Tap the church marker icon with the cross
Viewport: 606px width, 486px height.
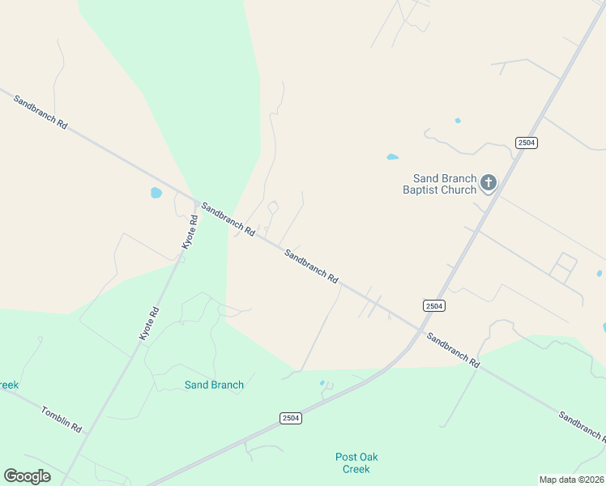[x=488, y=183]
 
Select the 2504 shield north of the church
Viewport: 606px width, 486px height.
[x=527, y=143]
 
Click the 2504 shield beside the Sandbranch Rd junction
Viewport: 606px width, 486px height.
[x=434, y=305]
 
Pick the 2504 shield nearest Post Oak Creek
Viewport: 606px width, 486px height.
[x=292, y=418]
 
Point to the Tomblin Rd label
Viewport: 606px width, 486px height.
[x=62, y=418]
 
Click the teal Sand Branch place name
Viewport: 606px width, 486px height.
[x=214, y=385]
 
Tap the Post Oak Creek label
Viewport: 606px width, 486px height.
[x=356, y=463]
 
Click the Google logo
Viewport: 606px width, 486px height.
[x=27, y=475]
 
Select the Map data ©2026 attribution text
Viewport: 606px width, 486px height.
[x=571, y=480]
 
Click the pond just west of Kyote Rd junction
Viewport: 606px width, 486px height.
[x=156, y=193]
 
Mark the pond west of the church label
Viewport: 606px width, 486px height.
[x=392, y=156]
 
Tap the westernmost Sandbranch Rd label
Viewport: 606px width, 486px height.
[x=40, y=109]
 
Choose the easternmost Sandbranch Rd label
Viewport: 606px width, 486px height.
[x=580, y=425]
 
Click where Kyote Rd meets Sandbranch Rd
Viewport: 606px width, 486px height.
[x=197, y=201]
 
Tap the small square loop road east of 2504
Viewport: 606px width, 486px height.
[x=565, y=266]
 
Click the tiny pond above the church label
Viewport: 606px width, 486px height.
[x=458, y=121]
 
